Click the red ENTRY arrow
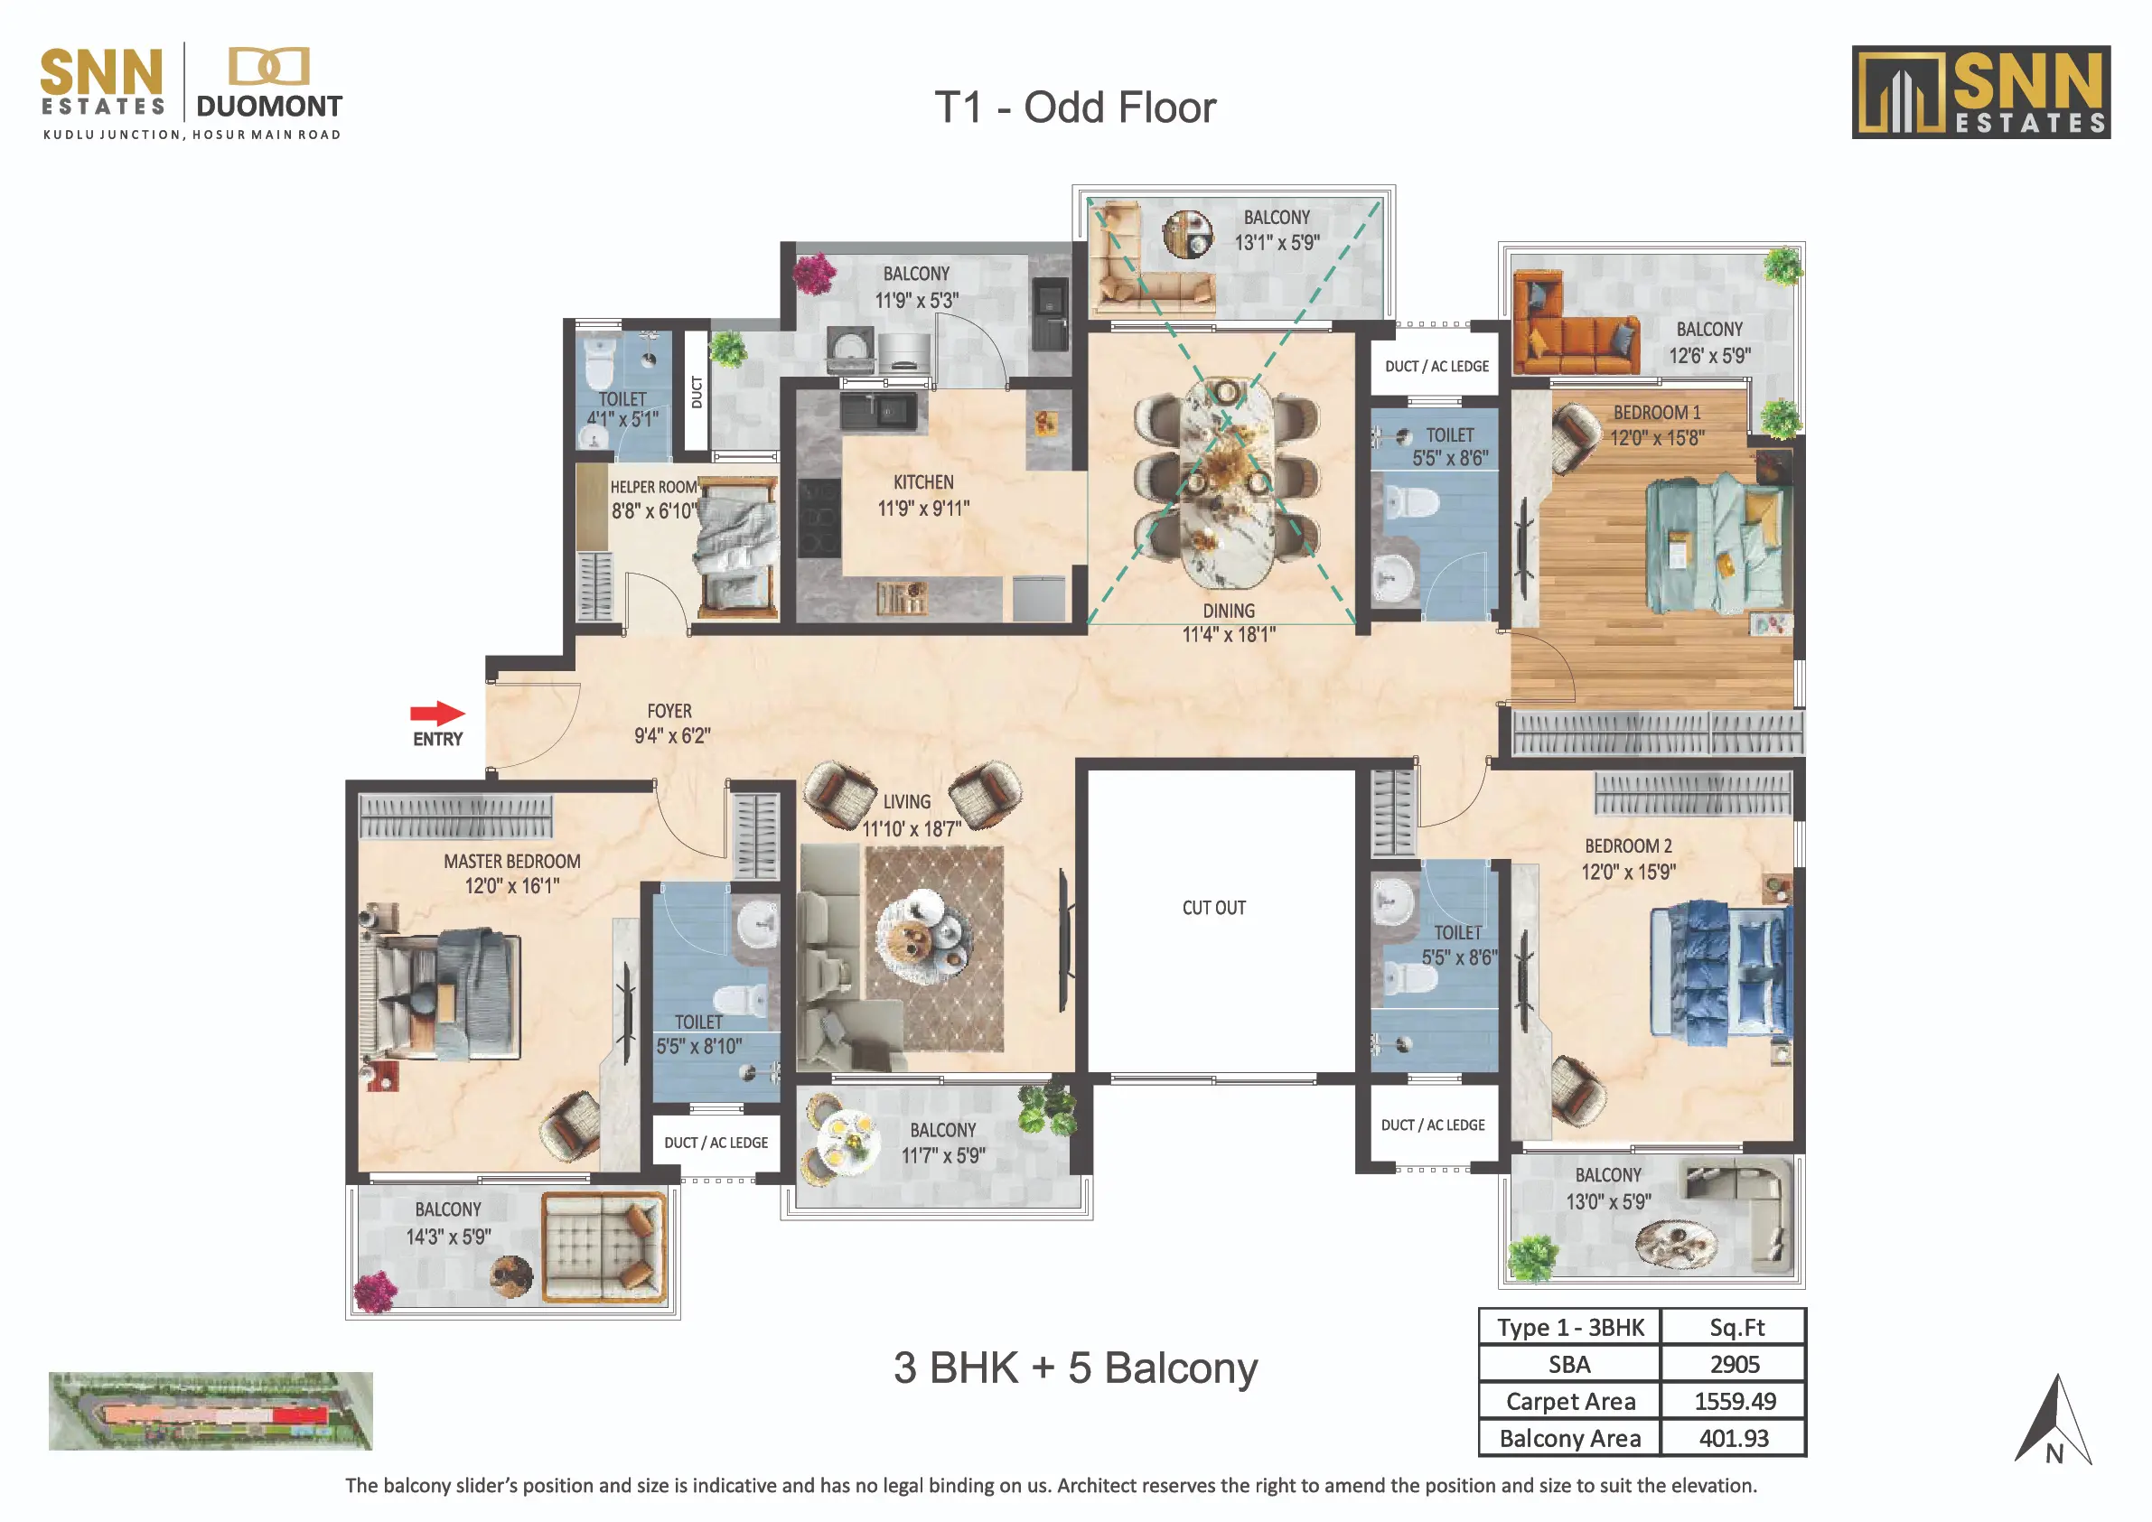[437, 714]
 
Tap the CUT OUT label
[1214, 907]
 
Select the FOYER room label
[669, 712]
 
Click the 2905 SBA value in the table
[1734, 1364]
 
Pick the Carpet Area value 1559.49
[1735, 1401]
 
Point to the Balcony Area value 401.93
[1734, 1438]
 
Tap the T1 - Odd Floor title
[1075, 107]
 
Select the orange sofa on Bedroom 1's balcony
[1575, 322]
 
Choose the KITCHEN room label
[923, 481]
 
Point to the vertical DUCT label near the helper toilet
[697, 392]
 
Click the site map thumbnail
[211, 1411]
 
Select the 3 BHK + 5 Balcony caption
[1075, 1368]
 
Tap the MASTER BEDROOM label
[511, 862]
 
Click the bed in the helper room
[737, 547]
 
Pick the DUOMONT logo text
[269, 106]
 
